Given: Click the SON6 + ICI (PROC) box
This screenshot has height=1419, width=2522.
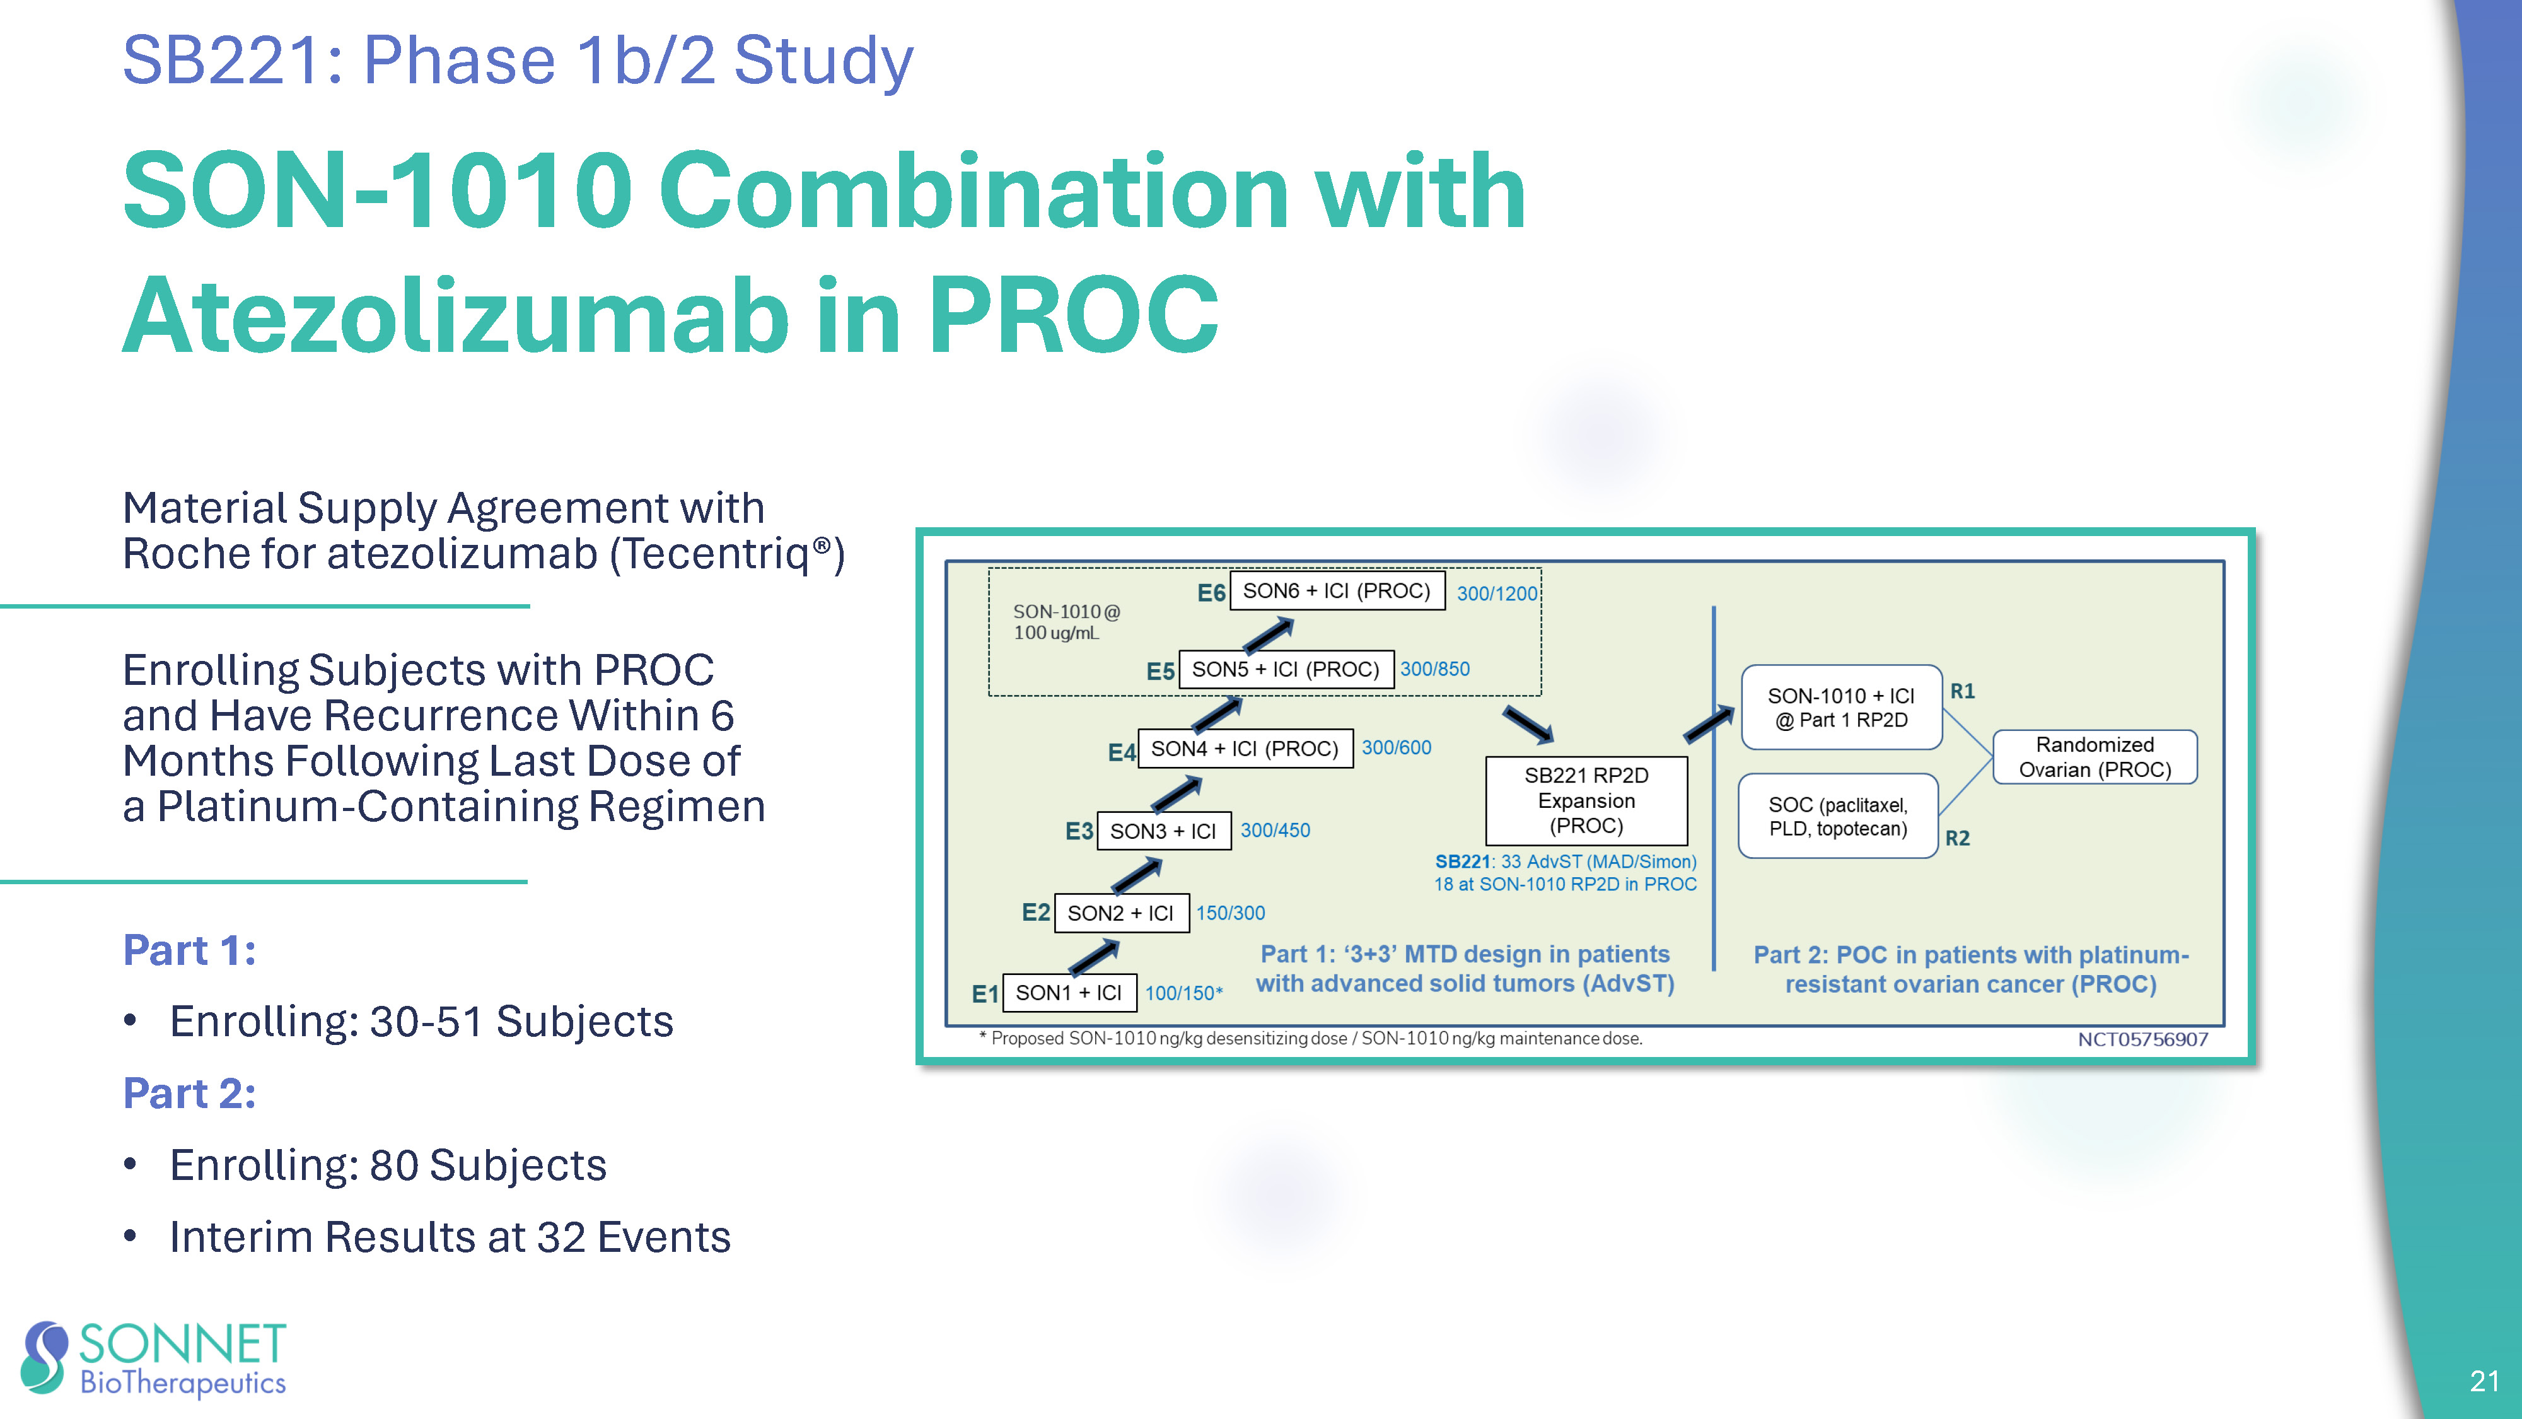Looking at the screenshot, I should pos(1337,590).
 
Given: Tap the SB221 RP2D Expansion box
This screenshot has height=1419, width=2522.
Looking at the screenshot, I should pos(1586,801).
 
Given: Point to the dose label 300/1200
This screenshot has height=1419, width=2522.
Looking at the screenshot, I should pos(1497,593).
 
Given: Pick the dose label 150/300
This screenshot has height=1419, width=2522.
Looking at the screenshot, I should pos(1229,913).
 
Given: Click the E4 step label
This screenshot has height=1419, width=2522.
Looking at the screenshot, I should pos(1121,752).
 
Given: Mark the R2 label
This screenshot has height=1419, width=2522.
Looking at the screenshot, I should pos(1957,838).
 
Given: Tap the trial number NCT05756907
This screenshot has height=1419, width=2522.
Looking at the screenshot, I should pos(2142,1039).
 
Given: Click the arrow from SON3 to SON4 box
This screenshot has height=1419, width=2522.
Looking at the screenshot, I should pos(1176,792).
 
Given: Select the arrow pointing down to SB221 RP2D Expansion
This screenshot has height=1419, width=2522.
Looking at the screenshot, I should pos(1527,725).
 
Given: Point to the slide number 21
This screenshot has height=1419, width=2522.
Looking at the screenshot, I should pos(2484,1381).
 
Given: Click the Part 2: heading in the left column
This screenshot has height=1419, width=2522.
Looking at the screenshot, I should pos(189,1093).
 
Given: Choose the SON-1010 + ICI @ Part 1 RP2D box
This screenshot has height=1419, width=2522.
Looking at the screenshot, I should pos(1840,707).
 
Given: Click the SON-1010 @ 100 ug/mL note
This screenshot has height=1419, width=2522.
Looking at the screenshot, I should pos(1065,622).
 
